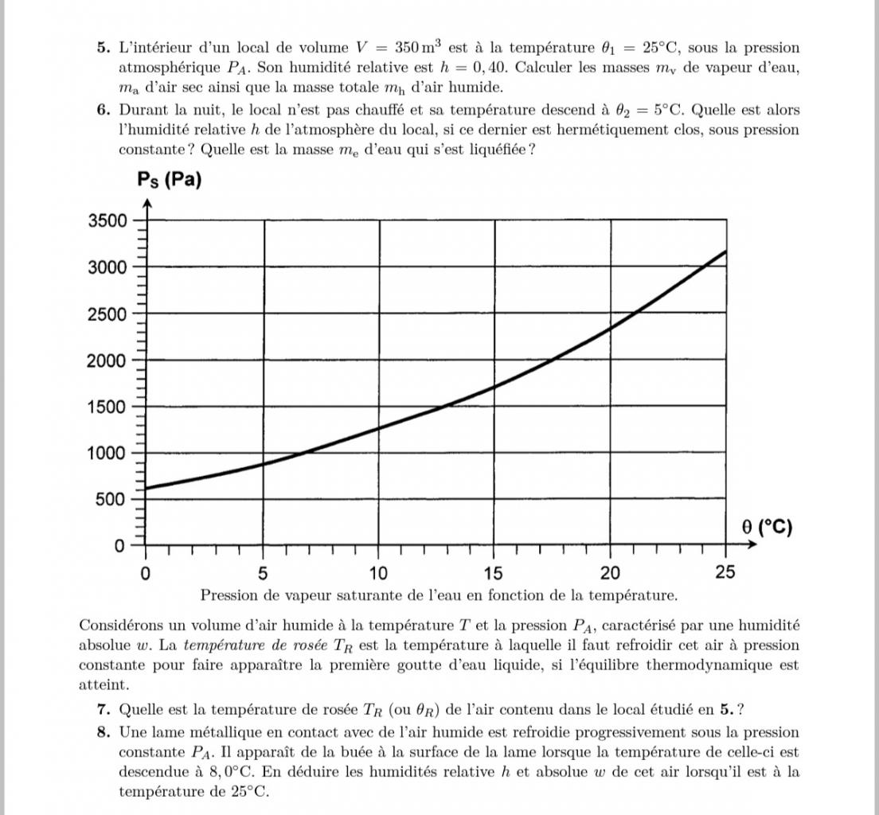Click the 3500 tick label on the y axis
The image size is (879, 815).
[107, 220]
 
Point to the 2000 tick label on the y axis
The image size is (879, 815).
[107, 361]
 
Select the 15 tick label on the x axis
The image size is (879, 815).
[494, 573]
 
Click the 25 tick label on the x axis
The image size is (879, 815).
[725, 573]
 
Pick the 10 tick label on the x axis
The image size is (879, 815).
[378, 573]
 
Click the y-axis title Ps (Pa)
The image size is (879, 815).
[170, 180]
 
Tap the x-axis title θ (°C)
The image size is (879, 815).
[767, 527]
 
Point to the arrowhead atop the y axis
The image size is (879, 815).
[146, 204]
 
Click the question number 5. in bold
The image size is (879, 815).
[104, 48]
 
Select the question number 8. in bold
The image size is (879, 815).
[104, 732]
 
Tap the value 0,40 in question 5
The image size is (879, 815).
[488, 68]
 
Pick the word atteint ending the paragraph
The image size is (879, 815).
[102, 684]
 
